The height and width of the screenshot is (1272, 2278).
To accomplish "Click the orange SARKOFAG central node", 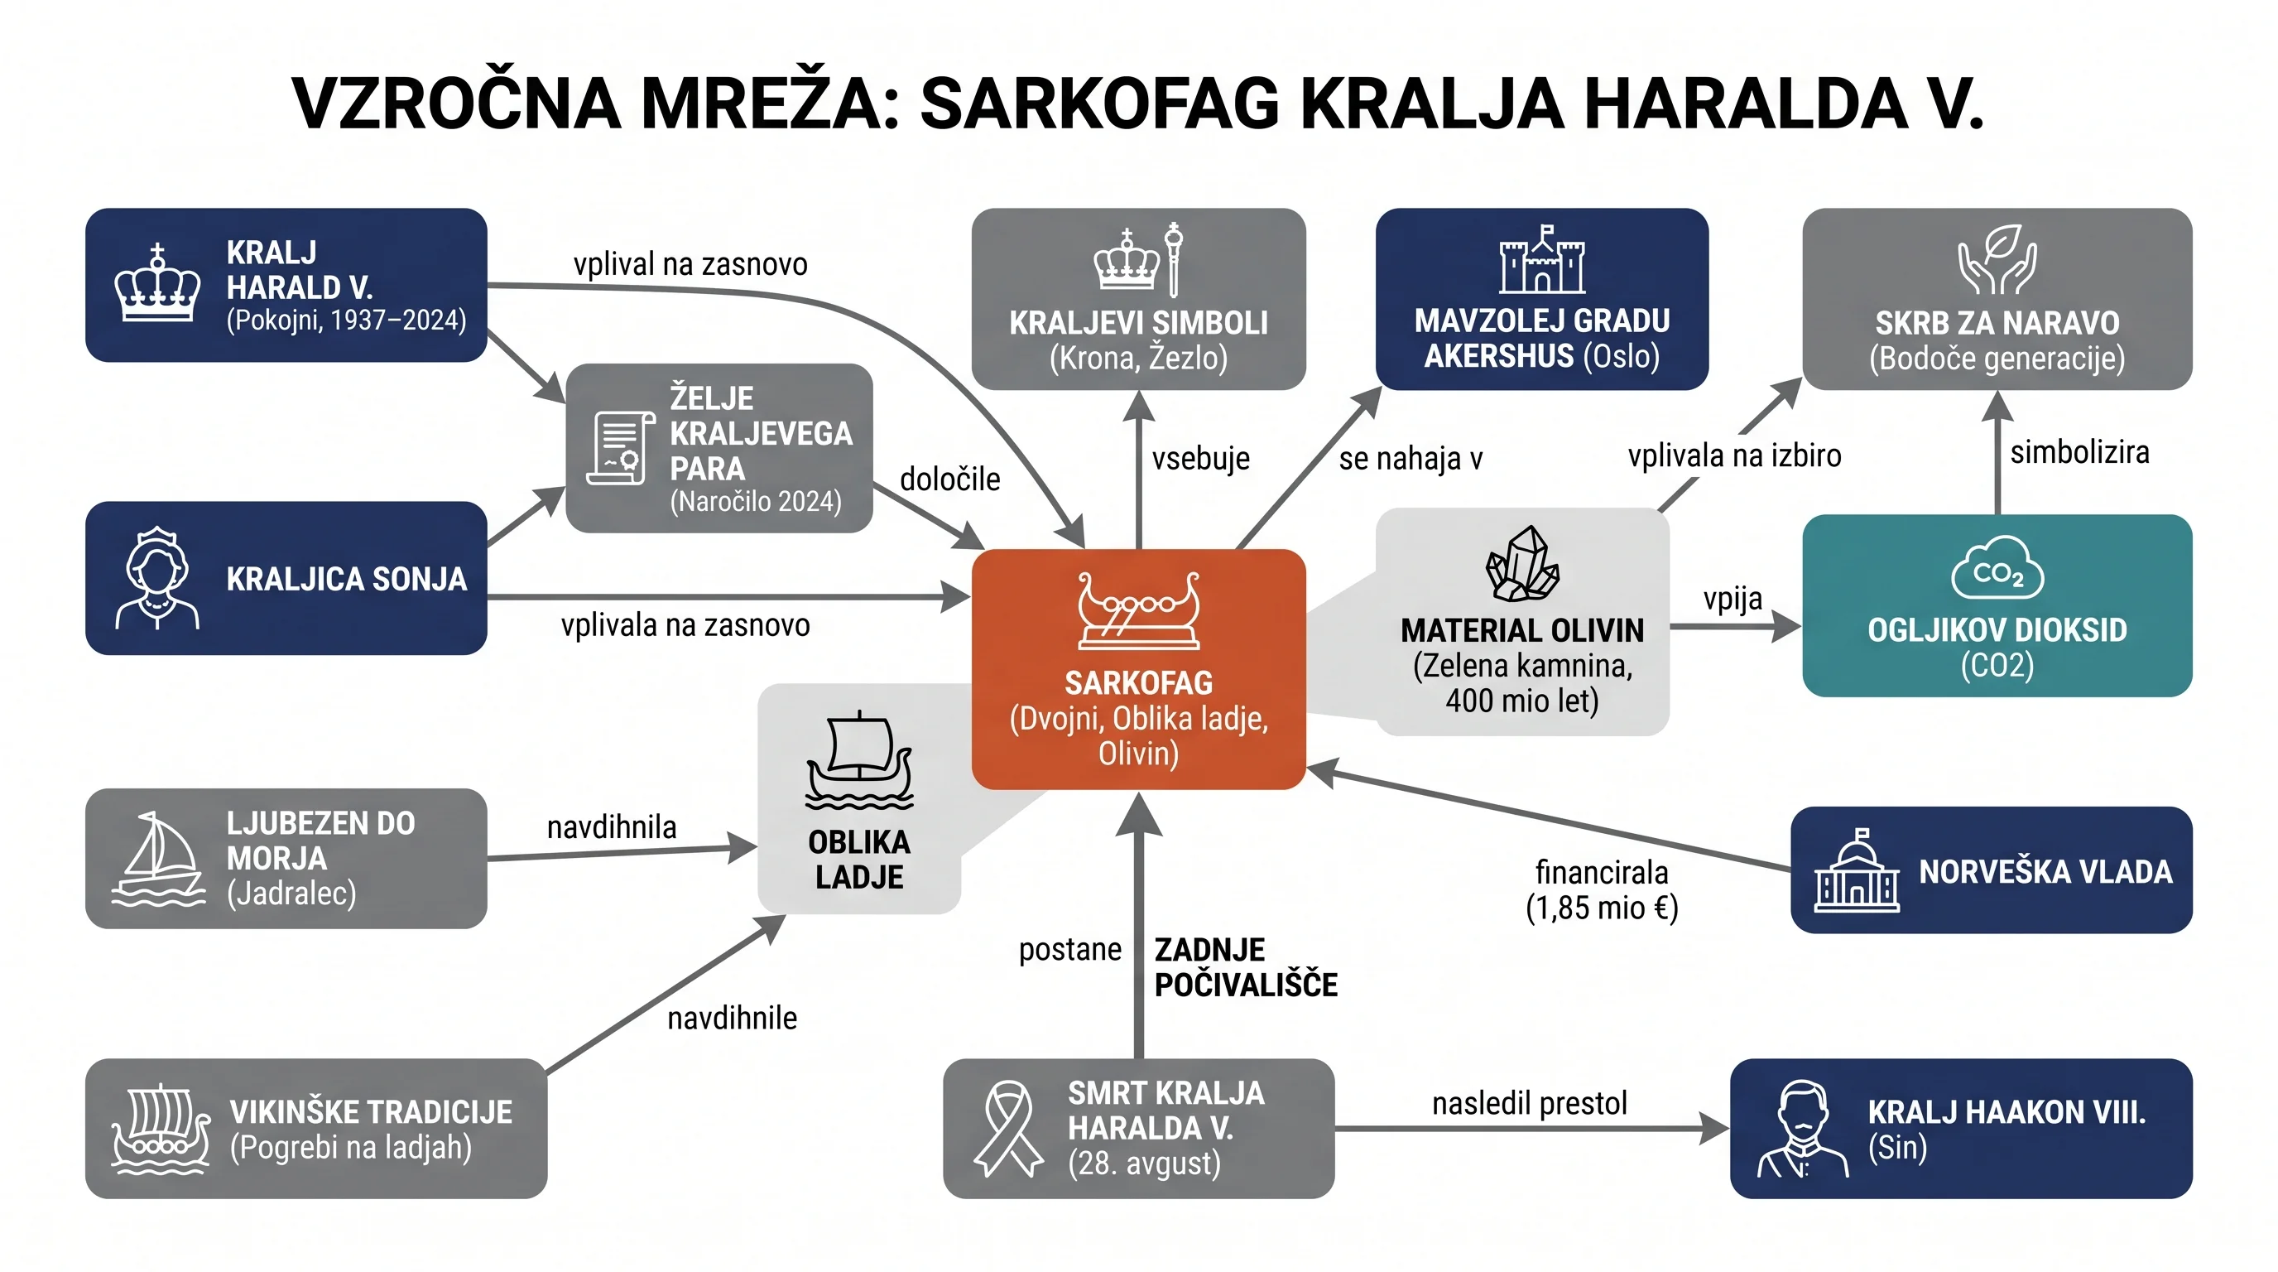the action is (1138, 669).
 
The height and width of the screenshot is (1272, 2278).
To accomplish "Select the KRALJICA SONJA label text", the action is (346, 580).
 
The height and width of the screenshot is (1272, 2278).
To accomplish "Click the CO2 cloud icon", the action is (1997, 568).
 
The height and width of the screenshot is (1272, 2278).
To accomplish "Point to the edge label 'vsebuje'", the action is (1200, 458).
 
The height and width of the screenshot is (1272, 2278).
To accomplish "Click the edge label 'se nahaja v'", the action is (1411, 458).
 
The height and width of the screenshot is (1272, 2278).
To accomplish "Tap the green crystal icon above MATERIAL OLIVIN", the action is (1522, 563).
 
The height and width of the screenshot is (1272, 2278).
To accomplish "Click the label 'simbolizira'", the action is (2079, 452).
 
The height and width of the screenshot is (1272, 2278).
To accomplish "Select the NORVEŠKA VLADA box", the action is (1992, 870).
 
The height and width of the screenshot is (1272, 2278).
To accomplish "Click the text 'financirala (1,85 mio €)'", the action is (1602, 890).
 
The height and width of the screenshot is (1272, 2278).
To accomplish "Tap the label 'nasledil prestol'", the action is (1529, 1103).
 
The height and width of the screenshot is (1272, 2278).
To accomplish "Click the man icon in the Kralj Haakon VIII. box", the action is (1802, 1130).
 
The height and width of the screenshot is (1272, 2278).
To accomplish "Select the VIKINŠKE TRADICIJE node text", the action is (371, 1130).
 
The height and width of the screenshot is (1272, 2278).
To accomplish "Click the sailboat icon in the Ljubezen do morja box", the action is (158, 859).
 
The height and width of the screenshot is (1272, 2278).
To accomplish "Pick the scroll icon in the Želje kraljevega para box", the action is (616, 447).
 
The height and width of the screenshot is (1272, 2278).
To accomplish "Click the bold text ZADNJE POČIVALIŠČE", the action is (1246, 966).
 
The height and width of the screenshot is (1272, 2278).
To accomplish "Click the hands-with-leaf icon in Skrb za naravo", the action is (1997, 258).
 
